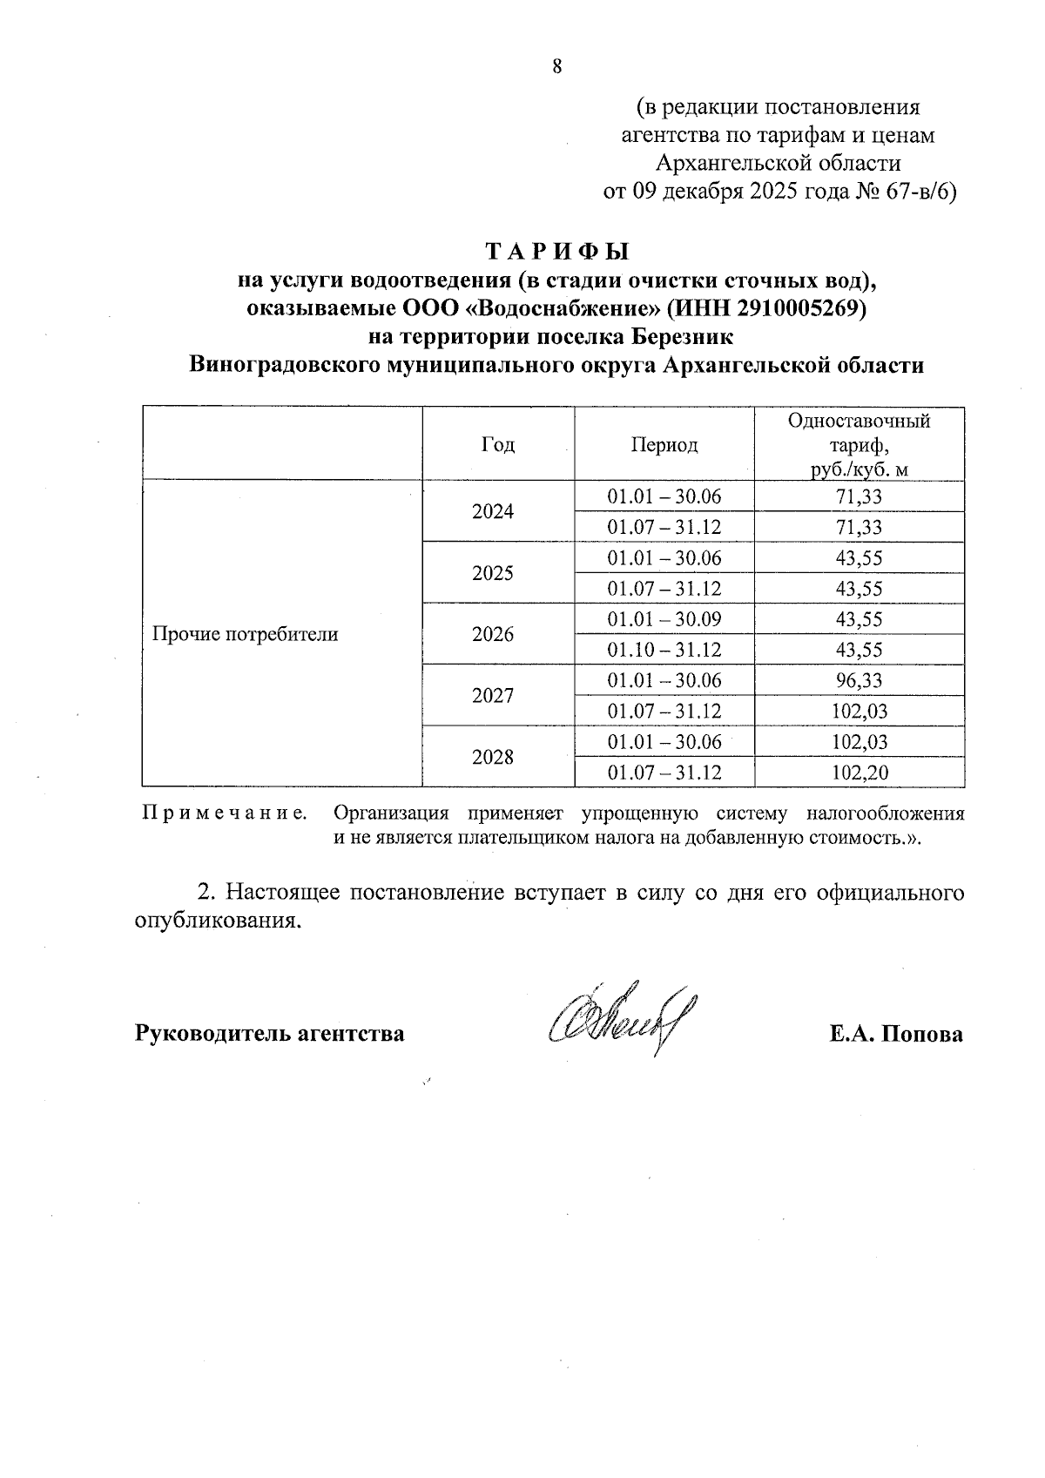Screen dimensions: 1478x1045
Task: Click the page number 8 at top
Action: [557, 67]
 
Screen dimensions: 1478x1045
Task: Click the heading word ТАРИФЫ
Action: [556, 252]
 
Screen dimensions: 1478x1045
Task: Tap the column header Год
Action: [497, 445]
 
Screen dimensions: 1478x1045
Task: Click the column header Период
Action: [664, 445]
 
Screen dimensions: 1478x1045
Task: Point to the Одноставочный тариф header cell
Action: [859, 445]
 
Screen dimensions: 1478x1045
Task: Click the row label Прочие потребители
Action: [245, 634]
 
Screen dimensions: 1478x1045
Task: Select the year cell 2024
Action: [493, 512]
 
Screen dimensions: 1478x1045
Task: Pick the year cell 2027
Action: [493, 696]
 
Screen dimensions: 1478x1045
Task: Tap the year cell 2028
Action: [493, 757]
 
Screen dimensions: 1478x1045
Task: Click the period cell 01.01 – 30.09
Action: [664, 619]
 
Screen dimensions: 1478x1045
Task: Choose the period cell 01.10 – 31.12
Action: [664, 650]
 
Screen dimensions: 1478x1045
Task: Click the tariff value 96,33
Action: [859, 680]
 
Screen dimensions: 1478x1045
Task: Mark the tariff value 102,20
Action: [859, 773]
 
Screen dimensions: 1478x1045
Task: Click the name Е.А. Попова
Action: [896, 1034]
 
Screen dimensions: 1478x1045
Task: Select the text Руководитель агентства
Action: [269, 1034]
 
